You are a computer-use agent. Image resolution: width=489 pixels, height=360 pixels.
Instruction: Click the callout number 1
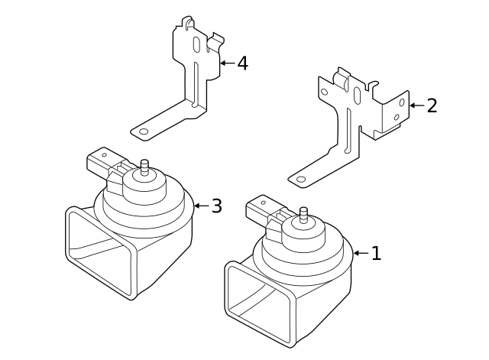pyautogui.click(x=376, y=254)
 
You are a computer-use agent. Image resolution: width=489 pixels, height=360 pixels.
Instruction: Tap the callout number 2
pyautogui.click(x=432, y=105)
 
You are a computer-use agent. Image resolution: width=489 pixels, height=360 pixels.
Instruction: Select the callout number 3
pyautogui.click(x=217, y=206)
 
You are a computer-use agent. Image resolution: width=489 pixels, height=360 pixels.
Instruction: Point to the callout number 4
pyautogui.click(x=242, y=63)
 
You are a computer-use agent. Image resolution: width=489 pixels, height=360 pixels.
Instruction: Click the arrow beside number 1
pyautogui.click(x=361, y=253)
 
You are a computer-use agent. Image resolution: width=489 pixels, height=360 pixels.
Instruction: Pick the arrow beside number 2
pyautogui.click(x=416, y=105)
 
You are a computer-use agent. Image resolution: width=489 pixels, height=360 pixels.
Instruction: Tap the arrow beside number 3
pyautogui.click(x=201, y=206)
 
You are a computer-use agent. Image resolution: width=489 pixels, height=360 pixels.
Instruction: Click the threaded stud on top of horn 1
pyautogui.click(x=303, y=213)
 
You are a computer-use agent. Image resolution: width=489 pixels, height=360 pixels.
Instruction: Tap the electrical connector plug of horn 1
pyautogui.click(x=261, y=208)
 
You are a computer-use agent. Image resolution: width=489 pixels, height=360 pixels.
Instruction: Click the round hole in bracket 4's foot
pyautogui.click(x=143, y=131)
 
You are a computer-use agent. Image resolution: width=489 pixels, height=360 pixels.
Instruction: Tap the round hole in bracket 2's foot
pyautogui.click(x=301, y=180)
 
